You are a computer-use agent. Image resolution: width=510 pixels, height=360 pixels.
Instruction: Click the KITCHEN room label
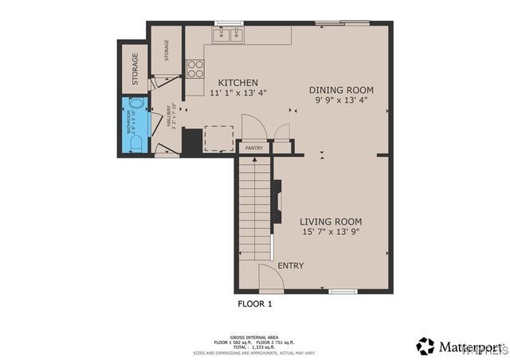[x=237, y=82]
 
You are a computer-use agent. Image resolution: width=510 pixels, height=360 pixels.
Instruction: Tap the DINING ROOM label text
[x=341, y=90]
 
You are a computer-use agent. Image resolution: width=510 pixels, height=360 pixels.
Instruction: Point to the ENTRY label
[x=290, y=265]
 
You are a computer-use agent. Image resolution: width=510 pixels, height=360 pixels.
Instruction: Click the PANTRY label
[x=254, y=147]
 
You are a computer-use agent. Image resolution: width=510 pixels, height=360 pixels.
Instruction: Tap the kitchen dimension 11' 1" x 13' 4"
[x=237, y=93]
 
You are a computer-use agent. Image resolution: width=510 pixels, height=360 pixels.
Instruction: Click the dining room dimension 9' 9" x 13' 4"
[x=341, y=101]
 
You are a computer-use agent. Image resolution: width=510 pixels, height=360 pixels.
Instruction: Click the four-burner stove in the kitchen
[x=195, y=68]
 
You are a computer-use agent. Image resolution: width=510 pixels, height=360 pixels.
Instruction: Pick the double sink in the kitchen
[x=229, y=35]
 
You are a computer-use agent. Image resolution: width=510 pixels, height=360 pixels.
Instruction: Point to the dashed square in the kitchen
[x=218, y=138]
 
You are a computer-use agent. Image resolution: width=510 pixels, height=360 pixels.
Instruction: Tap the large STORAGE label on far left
[x=135, y=68]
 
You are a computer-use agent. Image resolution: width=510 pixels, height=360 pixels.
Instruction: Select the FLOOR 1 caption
[x=255, y=303]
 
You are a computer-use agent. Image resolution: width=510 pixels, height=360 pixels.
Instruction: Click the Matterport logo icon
[x=426, y=346]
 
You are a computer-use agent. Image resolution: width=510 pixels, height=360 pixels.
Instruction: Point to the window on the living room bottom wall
[x=342, y=292]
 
